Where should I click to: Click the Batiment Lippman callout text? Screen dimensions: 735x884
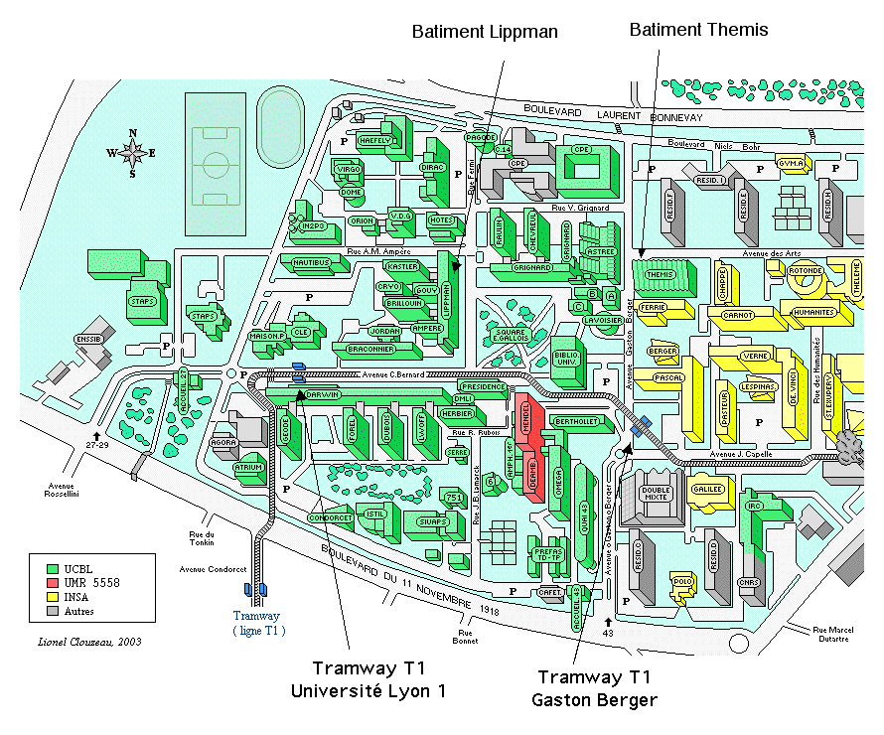(485, 32)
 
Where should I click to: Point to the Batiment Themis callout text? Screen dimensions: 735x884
(699, 31)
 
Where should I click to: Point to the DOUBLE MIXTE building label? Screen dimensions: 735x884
(657, 495)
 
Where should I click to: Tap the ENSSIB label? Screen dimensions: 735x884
(88, 340)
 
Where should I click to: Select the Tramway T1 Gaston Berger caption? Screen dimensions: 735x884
(594, 688)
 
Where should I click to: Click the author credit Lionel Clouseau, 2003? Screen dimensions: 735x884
(88, 641)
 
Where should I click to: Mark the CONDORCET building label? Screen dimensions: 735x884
(331, 518)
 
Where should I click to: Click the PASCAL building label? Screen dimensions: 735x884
(668, 378)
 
